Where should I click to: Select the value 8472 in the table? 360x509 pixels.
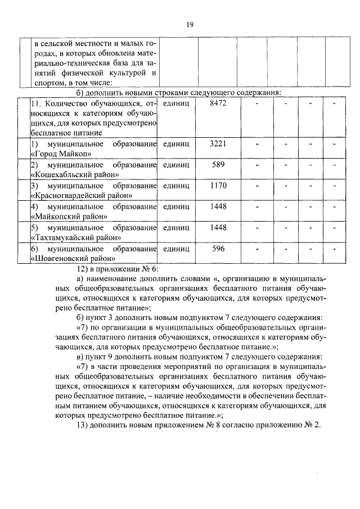(218, 104)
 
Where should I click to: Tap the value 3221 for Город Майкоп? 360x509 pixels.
(218, 144)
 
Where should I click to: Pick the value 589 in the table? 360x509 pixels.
(218, 165)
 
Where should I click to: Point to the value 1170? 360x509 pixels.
(218, 186)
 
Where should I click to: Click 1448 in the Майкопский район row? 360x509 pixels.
(218, 206)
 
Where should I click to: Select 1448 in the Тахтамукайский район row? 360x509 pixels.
(218, 227)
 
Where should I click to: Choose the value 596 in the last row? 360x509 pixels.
(218, 248)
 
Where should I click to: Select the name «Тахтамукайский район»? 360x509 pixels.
(76, 237)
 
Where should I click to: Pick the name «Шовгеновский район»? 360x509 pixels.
(73, 258)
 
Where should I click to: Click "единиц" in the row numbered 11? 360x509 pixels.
(175, 104)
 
